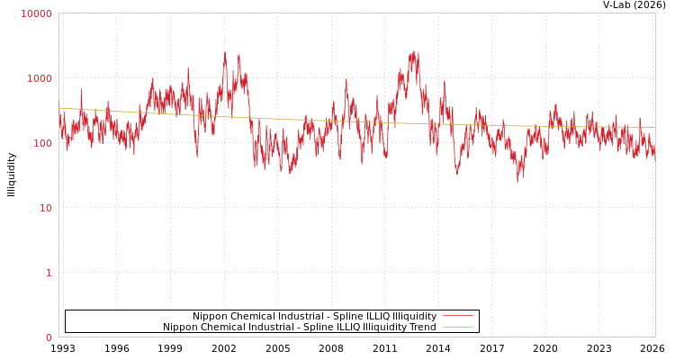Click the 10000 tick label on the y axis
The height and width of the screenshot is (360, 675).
coord(37,13)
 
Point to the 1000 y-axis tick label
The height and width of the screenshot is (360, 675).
coord(40,78)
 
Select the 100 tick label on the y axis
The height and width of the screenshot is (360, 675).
coord(42,143)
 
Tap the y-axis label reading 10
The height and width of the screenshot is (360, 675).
coord(45,208)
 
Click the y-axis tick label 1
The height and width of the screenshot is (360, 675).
coord(49,273)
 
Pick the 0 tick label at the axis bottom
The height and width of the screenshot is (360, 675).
coord(49,337)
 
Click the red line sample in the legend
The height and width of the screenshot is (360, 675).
coord(457,317)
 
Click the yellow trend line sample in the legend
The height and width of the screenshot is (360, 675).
coord(457,328)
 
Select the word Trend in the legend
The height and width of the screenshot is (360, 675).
coord(422,328)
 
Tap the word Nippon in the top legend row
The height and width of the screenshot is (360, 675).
coord(210,317)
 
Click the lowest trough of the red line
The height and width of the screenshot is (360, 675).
coord(517,182)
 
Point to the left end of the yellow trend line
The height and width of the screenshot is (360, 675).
coord(59,108)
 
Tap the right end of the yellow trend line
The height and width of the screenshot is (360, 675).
coord(654,127)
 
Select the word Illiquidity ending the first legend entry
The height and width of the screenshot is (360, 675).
coord(409,317)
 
